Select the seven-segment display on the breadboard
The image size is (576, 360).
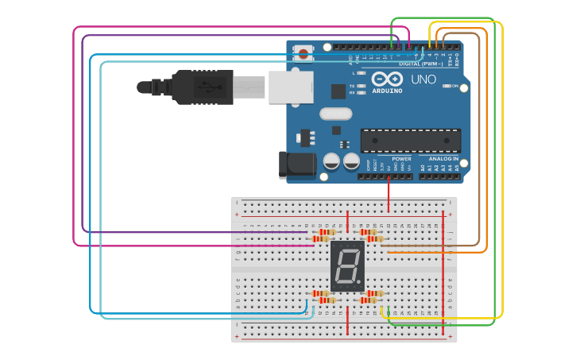(348, 265)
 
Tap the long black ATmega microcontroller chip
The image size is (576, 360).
(410, 141)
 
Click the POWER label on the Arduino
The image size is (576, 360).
(402, 159)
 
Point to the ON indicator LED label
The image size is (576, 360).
(454, 86)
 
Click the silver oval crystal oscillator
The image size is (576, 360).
(336, 114)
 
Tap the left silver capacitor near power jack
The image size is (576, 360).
(331, 161)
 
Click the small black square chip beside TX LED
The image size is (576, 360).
(338, 91)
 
